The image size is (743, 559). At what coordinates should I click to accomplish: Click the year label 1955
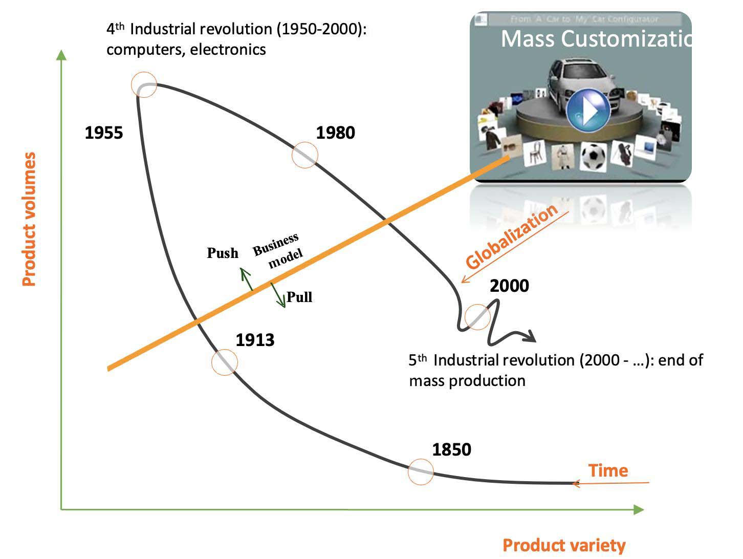pos(104,133)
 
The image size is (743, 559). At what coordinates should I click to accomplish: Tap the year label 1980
pos(335,133)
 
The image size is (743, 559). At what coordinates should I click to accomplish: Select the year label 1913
pos(255,340)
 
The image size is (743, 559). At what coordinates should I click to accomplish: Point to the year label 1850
pos(451,449)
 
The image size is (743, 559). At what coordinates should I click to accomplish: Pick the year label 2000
pos(509,286)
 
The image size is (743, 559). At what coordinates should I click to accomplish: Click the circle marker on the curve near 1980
pos(305,155)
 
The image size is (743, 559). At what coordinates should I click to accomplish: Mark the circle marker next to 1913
pos(225,362)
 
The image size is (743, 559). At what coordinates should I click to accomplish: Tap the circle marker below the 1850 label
pos(421,471)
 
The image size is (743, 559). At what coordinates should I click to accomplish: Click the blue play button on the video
pos(588,111)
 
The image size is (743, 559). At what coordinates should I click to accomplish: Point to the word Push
pos(223,253)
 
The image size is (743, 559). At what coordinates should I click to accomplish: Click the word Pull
pos(299,297)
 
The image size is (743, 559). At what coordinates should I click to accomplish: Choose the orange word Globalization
pos(512,236)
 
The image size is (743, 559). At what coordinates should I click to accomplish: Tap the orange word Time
pos(608,470)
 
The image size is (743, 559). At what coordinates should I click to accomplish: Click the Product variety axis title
pos(564,545)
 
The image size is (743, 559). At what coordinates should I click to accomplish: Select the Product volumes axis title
pos(30,219)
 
